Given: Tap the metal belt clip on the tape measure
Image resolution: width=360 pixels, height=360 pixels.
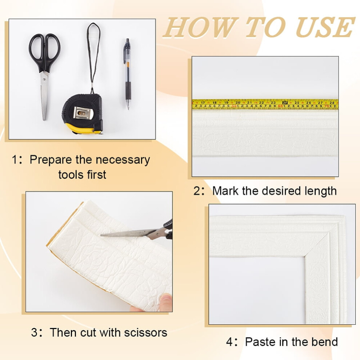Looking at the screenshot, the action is [x=84, y=113].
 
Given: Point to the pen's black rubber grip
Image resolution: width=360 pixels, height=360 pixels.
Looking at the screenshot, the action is [x=128, y=90].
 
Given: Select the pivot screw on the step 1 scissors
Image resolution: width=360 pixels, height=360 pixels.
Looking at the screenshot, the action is [x=44, y=79].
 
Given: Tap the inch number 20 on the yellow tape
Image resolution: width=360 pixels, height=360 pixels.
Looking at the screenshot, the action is [x=238, y=103].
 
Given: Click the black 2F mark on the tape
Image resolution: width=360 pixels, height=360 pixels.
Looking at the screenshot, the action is [x=285, y=103].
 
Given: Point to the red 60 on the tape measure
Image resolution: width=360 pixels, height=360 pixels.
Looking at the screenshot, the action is [x=280, y=106].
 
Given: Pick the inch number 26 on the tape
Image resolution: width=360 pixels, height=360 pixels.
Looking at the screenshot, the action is [x=309, y=103].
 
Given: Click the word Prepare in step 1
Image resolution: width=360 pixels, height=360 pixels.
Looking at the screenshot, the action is [x=51, y=160].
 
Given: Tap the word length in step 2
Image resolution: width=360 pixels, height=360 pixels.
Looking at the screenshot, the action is [x=320, y=191].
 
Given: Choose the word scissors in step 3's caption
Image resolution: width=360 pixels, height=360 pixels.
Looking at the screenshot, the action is [x=145, y=333].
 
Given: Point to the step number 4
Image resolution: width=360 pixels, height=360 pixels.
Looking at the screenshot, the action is [x=229, y=342].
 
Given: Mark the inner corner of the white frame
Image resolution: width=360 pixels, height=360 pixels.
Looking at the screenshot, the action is [x=305, y=256].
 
